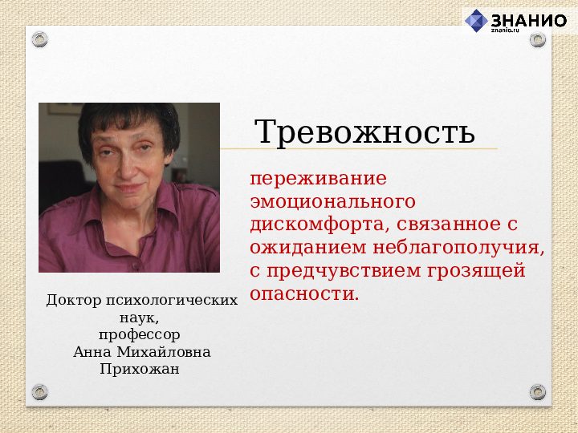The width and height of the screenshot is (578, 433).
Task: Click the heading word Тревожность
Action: [x=364, y=132]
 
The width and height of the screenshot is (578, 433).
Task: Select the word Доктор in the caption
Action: [x=72, y=301]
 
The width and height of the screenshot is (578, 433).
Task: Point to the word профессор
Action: [x=140, y=334]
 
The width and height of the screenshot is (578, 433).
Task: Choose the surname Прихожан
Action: [x=140, y=369]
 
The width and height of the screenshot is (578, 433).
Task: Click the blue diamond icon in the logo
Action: [x=476, y=21]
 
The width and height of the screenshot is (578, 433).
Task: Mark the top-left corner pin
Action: [x=40, y=39]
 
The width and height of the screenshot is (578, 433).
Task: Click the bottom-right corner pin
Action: [x=538, y=392]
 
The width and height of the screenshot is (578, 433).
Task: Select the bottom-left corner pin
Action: [x=40, y=392]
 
